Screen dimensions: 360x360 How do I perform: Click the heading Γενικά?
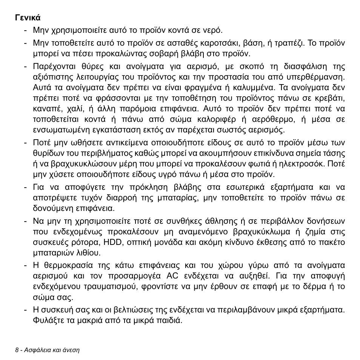pyautogui.click(x=28, y=18)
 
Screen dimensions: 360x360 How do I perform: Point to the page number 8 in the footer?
pyautogui.click(x=17, y=350)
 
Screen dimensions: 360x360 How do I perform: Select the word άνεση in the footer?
pyautogui.click(x=71, y=350)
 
